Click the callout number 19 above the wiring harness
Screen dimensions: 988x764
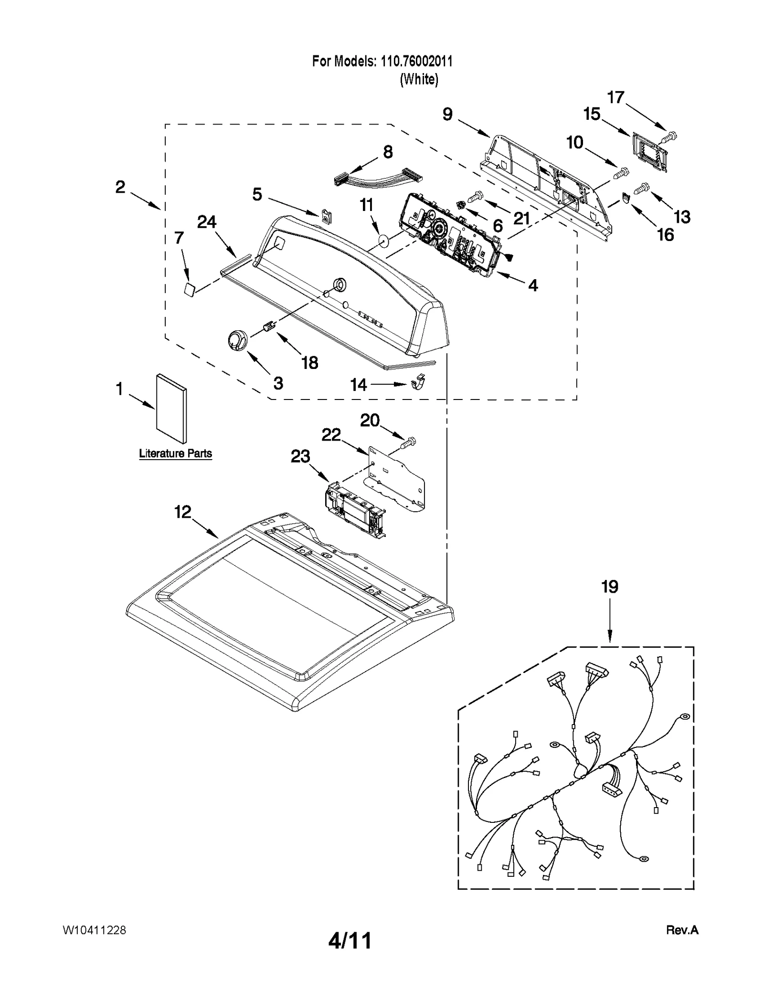610,587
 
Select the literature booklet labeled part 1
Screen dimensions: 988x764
171,409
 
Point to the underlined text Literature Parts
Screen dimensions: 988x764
175,453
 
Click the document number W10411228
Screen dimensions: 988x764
94,930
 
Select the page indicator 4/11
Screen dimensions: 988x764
350,941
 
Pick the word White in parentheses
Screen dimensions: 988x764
419,79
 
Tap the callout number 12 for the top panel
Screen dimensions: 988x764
182,512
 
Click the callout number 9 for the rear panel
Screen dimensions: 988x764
447,114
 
